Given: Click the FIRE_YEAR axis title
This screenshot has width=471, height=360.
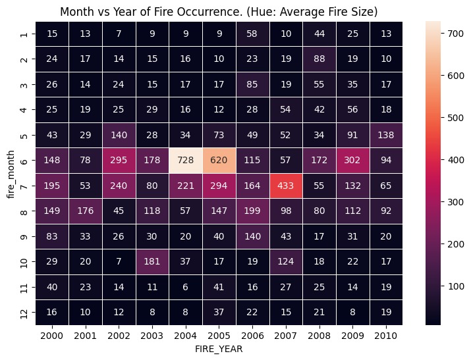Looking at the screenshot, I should point(221,349).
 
